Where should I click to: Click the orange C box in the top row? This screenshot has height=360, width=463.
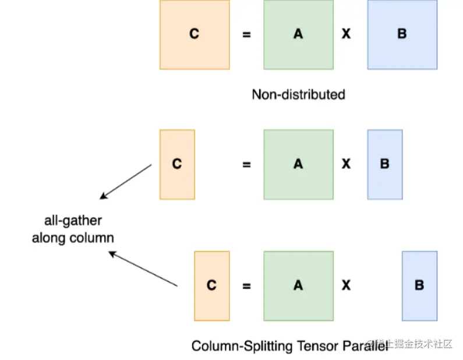point(195,34)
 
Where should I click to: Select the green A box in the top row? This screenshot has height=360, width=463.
point(298,34)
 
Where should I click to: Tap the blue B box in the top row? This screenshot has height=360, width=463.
point(402,34)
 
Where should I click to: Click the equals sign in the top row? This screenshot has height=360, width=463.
point(246,35)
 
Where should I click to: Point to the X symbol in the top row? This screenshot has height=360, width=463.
point(346,34)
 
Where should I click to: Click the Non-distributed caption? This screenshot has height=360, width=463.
point(298,94)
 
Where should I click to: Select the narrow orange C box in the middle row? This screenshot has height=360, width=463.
point(177,164)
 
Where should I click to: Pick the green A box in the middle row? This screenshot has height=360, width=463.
point(298,164)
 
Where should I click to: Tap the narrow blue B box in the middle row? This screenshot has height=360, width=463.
point(384,164)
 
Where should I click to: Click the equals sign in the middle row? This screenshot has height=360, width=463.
point(246,165)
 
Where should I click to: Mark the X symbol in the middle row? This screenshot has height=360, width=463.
point(346,164)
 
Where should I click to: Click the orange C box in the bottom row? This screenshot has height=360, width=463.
point(211,285)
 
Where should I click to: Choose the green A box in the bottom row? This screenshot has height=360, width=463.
point(298,285)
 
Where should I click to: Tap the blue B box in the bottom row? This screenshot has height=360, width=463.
point(419,285)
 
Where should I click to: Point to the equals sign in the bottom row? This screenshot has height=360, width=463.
point(246,286)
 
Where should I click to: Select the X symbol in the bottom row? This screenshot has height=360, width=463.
point(346,285)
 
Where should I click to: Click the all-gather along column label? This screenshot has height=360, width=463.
point(73,229)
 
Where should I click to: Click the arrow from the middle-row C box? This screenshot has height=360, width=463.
point(126,181)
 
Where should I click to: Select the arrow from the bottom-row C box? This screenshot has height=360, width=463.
point(143,269)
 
